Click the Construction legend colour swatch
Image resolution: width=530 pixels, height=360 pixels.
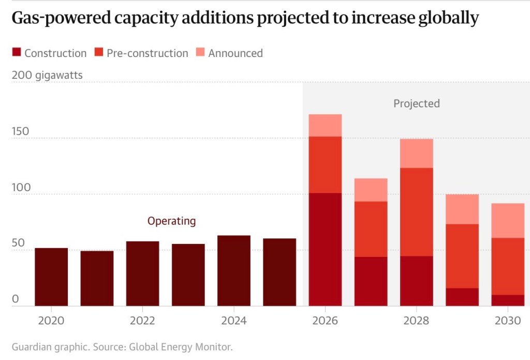(16, 52)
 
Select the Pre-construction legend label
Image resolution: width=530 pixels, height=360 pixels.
(147, 53)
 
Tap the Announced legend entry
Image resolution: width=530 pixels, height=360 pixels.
(235, 53)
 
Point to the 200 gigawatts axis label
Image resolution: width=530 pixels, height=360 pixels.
(47, 76)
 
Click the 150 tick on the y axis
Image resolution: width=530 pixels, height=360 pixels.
(21, 132)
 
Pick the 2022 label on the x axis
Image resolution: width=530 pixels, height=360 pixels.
(142, 321)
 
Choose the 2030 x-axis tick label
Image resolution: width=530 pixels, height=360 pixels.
(508, 321)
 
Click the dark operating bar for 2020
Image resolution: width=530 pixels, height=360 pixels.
(51, 277)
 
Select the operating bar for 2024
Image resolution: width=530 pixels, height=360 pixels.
(234, 271)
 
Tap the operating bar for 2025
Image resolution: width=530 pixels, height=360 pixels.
(279, 272)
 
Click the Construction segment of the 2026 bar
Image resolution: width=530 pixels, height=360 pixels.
(325, 249)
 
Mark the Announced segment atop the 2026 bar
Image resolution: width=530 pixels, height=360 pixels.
(325, 125)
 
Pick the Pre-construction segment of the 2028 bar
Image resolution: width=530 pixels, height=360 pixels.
(417, 212)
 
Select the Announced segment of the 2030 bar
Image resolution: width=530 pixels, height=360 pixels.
(508, 221)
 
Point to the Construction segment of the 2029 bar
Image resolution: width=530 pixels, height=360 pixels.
(462, 297)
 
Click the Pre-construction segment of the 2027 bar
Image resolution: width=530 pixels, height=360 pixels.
(371, 229)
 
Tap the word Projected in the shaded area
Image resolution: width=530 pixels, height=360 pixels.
(417, 104)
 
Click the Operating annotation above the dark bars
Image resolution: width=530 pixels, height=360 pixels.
(172, 221)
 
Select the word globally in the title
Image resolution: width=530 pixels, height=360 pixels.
(445, 19)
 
